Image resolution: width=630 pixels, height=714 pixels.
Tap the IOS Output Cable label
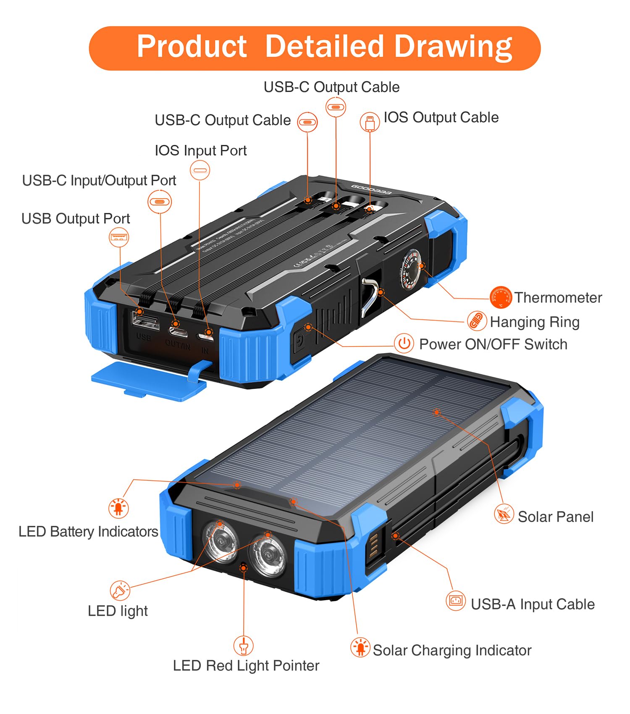point(441,118)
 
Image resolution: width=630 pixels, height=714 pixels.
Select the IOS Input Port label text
point(200,150)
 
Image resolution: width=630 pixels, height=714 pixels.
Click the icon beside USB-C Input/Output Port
point(160,202)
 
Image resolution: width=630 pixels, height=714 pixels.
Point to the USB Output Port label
point(76,218)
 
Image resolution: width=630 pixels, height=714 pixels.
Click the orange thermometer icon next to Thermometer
point(501,297)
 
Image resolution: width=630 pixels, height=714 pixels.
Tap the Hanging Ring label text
point(535,322)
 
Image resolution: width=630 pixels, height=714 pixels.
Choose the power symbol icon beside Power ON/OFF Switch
point(404,344)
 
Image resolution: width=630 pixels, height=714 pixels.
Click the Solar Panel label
point(555,517)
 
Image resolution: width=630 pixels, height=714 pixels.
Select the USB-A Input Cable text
point(533,604)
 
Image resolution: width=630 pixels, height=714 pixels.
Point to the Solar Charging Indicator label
point(452,650)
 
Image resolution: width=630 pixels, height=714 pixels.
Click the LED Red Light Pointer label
point(246,666)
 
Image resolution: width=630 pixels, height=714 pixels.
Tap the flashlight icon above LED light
point(120,591)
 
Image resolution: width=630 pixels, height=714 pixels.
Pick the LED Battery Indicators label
point(88,532)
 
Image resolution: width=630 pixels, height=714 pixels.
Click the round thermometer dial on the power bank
point(410,269)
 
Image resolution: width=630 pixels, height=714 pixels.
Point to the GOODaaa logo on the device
point(371,189)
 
